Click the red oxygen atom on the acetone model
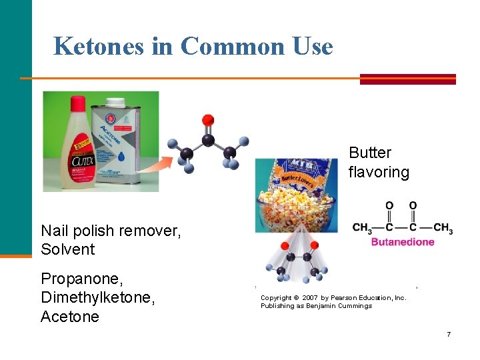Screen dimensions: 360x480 pyautogui.click(x=208, y=120)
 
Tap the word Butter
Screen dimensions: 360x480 pyautogui.click(x=369, y=153)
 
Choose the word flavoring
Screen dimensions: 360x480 pyautogui.click(x=379, y=172)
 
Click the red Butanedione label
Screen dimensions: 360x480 pyautogui.click(x=403, y=242)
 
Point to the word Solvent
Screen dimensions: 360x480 pyautogui.click(x=68, y=249)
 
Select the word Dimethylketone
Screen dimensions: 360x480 pyautogui.click(x=97, y=297)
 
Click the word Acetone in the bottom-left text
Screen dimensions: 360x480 pyautogui.click(x=69, y=316)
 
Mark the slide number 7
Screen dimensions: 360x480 pyautogui.click(x=449, y=334)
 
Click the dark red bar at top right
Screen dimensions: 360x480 pyautogui.click(x=407, y=79)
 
